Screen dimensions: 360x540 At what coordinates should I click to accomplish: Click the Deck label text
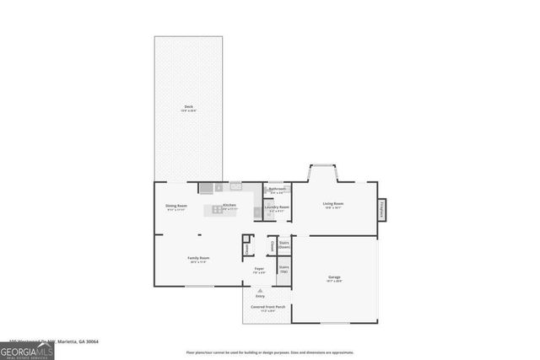pos(188,107)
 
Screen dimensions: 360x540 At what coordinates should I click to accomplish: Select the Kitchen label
pos(229,205)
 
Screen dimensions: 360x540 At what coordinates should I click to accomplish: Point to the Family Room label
pos(198,259)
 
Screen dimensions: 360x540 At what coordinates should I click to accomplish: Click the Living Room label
pos(332,204)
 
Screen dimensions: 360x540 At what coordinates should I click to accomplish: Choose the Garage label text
pos(334,277)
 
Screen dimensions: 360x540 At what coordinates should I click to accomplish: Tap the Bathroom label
pos(278,190)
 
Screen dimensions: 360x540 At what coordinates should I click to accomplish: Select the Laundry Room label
pos(278,207)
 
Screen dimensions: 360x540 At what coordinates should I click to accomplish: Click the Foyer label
pos(260,270)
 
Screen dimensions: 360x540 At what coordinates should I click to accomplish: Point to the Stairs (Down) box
pos(283,244)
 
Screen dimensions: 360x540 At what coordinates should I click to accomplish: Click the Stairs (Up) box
pos(283,269)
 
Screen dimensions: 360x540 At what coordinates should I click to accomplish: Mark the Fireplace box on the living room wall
pos(381,209)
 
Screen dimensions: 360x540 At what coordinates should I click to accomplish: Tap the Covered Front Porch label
pos(267,308)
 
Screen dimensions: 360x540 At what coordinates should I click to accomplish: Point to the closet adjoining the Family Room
pos(247,249)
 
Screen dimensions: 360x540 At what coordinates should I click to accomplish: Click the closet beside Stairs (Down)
pos(272,244)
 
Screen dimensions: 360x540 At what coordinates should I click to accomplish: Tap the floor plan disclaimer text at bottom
pos(269,352)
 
